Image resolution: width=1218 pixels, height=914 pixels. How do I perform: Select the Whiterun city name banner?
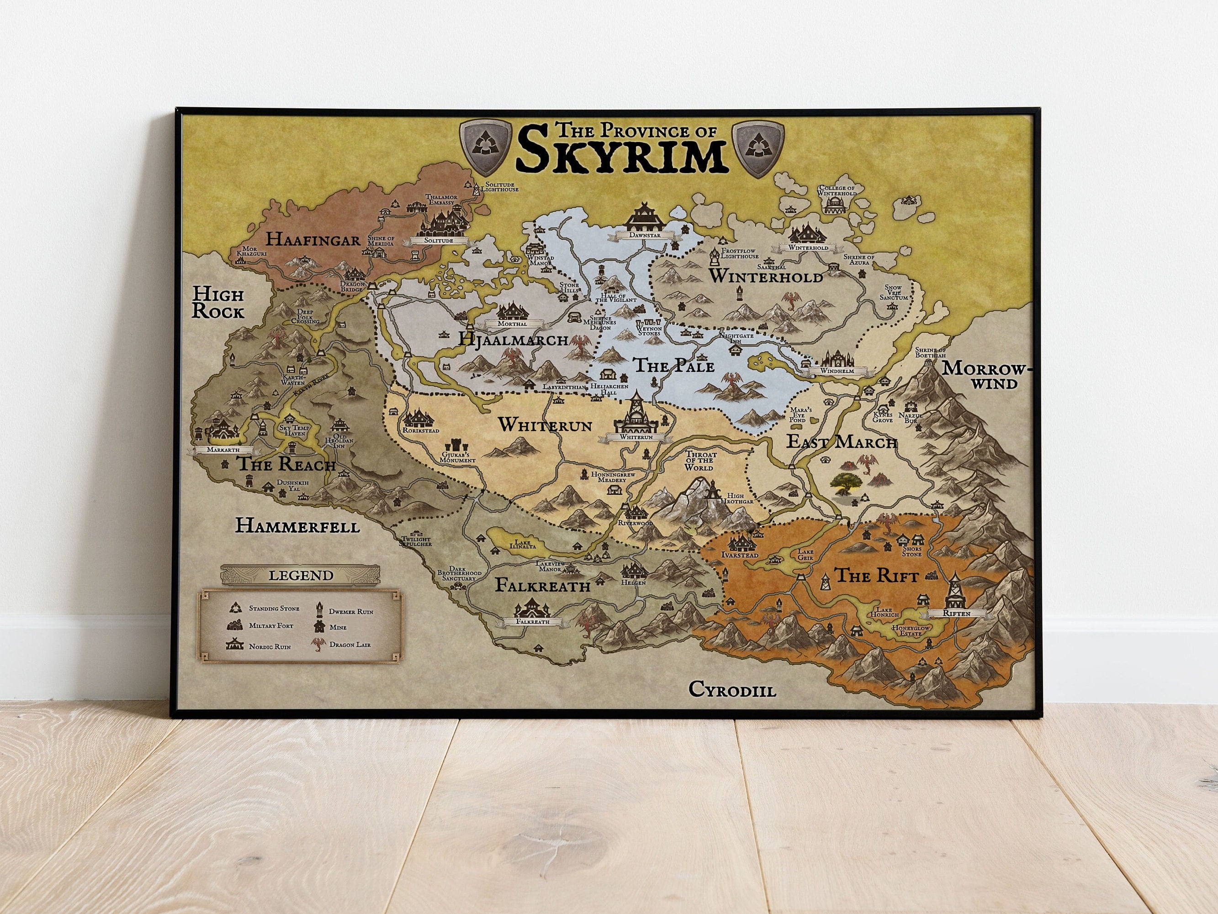tap(635, 437)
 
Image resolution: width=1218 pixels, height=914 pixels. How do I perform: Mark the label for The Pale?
tap(673, 365)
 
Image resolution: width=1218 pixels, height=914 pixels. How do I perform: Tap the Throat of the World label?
tap(700, 461)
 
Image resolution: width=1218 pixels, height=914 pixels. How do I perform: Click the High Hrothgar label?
tap(740, 499)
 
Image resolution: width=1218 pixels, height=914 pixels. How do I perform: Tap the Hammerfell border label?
tap(297, 526)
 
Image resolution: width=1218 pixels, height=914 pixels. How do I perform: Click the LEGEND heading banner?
tap(301, 576)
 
